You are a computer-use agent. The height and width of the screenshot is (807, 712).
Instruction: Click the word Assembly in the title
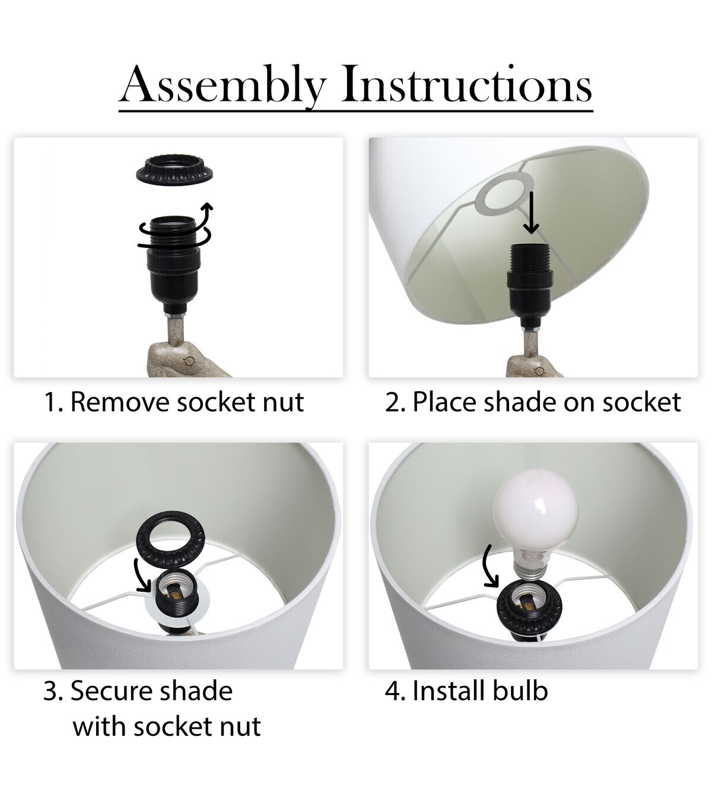click(x=223, y=85)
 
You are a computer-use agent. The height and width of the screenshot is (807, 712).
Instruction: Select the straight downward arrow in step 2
click(x=531, y=212)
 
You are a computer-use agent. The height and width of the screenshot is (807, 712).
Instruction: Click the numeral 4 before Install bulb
click(x=392, y=691)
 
